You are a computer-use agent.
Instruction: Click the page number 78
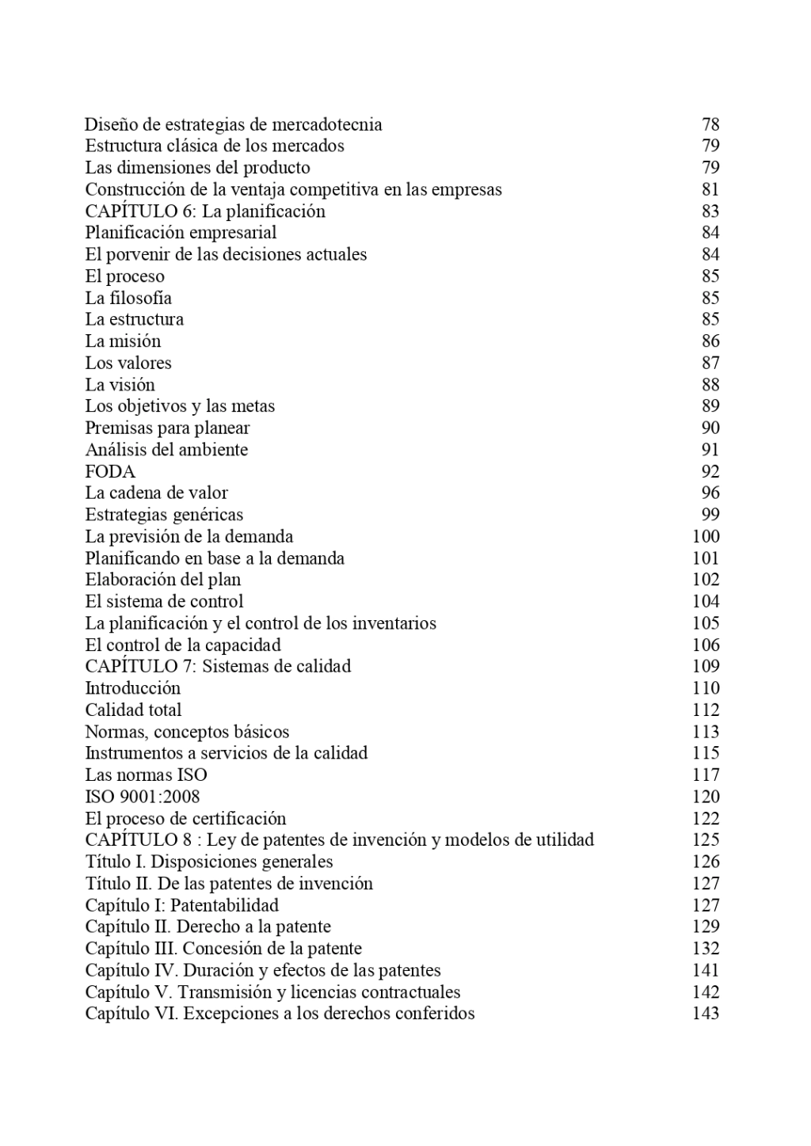710,124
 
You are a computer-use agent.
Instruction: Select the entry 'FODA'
110,471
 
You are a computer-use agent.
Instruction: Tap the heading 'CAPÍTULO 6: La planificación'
205,211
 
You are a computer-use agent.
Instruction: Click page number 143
706,1013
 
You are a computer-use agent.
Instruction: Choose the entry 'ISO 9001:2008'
143,797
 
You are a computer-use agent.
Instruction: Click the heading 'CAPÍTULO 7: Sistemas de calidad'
218,666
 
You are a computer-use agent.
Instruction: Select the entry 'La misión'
123,341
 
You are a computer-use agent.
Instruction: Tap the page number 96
710,493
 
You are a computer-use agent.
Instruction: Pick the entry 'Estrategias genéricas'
164,515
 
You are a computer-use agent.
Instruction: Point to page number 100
706,536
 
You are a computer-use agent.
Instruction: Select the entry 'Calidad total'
133,710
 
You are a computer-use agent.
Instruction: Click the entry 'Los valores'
128,363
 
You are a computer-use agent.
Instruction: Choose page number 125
706,840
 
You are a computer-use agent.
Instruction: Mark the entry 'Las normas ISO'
146,775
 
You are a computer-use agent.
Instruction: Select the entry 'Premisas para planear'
167,428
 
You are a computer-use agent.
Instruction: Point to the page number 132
706,949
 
